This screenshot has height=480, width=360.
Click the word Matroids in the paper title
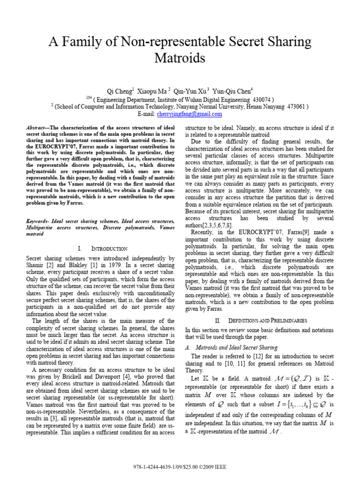[x=180, y=58]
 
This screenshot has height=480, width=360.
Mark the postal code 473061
[x=294, y=106]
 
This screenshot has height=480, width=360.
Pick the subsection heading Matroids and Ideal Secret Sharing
[x=234, y=348]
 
